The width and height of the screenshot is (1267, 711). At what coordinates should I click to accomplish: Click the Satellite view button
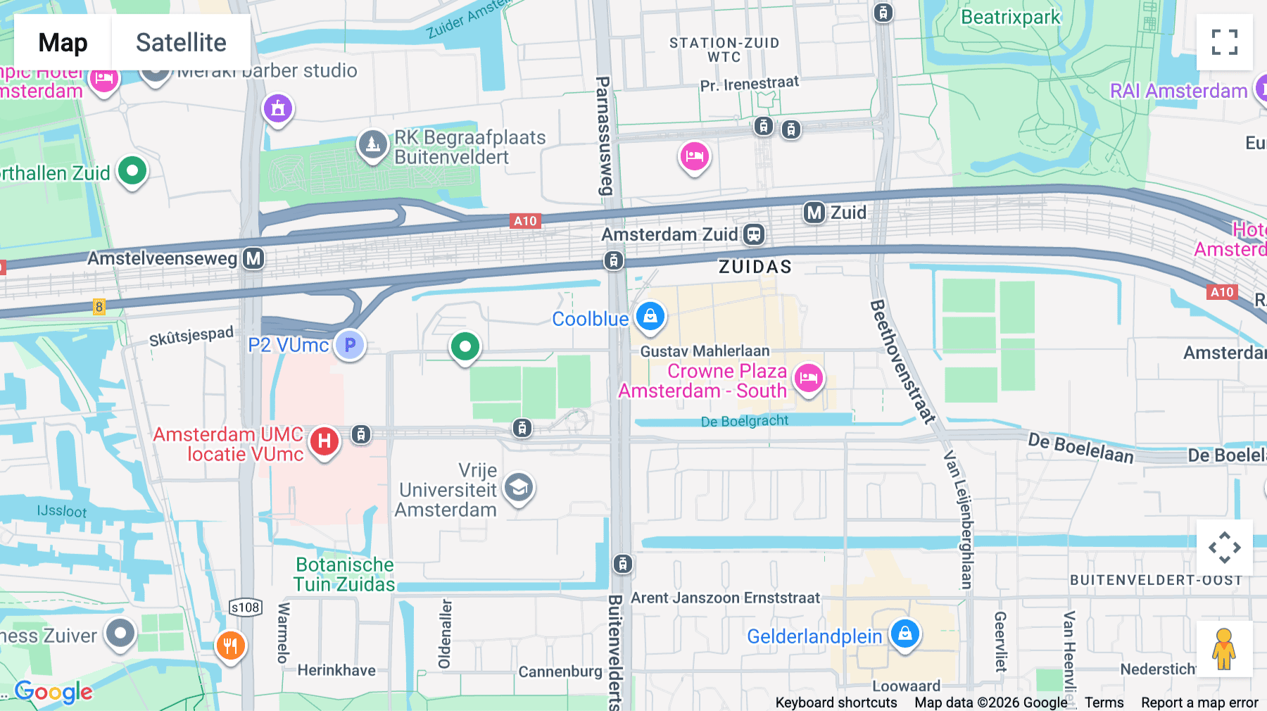click(181, 42)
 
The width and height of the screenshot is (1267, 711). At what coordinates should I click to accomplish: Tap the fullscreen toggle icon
click(1224, 42)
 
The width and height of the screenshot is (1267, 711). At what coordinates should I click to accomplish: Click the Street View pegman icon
click(1224, 649)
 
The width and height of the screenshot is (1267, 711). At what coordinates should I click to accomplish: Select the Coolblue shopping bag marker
click(650, 316)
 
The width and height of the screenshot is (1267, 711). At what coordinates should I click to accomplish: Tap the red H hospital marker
click(324, 442)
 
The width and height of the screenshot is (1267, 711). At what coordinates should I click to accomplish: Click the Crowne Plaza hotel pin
click(808, 378)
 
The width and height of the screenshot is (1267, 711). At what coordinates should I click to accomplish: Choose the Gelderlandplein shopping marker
click(905, 634)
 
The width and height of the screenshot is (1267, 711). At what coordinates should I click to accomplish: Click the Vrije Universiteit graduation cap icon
click(519, 487)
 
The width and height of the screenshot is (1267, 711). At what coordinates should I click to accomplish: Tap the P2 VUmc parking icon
click(350, 344)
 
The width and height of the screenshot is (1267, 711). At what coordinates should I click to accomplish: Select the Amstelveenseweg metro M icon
click(253, 258)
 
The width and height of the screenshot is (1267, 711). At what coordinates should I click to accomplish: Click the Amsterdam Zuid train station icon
click(754, 234)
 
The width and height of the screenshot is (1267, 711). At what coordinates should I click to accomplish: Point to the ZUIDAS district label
click(755, 267)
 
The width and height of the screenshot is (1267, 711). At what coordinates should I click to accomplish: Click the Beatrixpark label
click(1010, 17)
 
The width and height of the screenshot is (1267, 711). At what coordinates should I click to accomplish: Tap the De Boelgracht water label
click(745, 421)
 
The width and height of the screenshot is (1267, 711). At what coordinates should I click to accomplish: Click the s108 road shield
click(245, 607)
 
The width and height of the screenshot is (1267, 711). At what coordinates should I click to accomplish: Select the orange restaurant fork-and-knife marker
click(230, 645)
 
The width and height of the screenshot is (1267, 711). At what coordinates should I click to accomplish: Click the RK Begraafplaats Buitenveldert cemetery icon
click(372, 144)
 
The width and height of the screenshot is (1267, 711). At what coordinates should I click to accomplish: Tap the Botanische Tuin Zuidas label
click(344, 574)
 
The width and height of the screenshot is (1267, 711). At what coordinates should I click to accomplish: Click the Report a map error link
click(1199, 703)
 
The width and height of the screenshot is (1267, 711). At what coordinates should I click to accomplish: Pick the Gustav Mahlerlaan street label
click(705, 351)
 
